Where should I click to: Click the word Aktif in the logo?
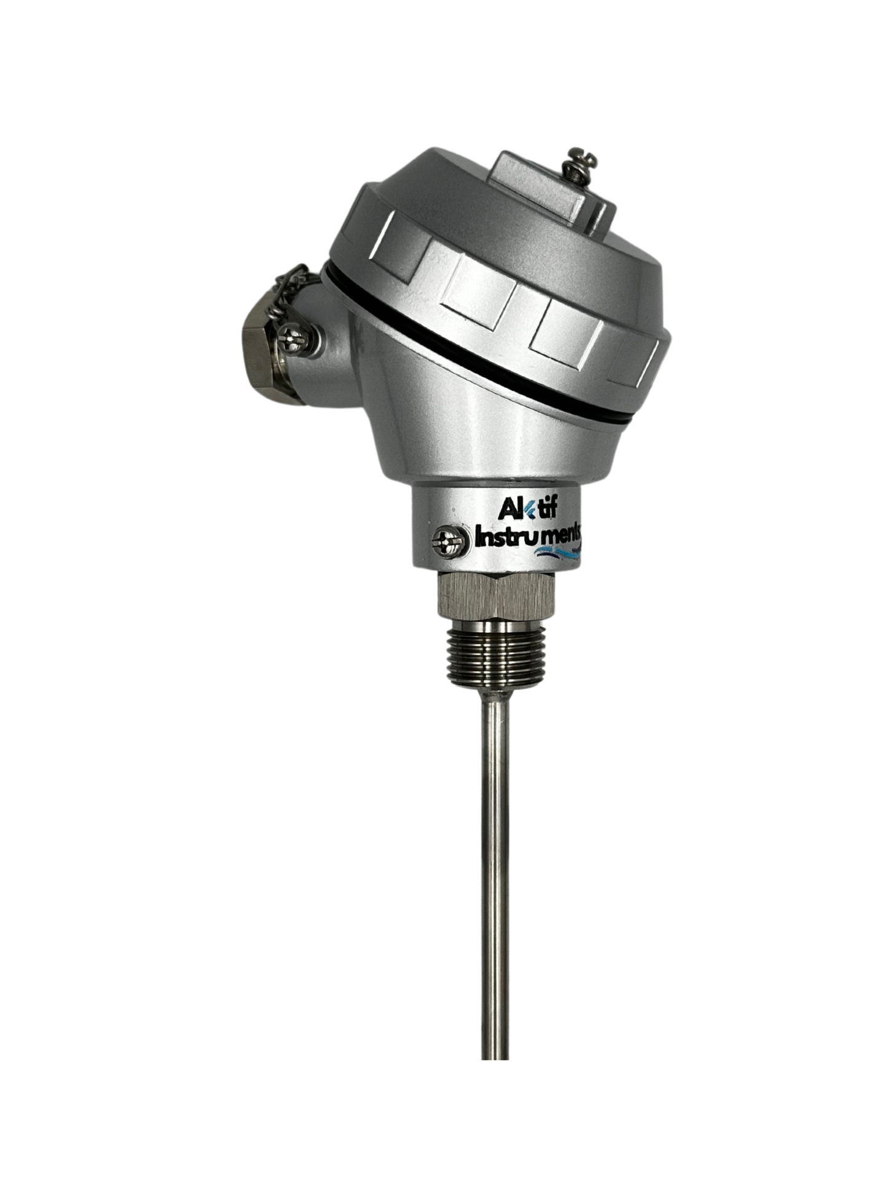[x=526, y=509]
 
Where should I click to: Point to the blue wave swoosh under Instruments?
[x=557, y=551]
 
